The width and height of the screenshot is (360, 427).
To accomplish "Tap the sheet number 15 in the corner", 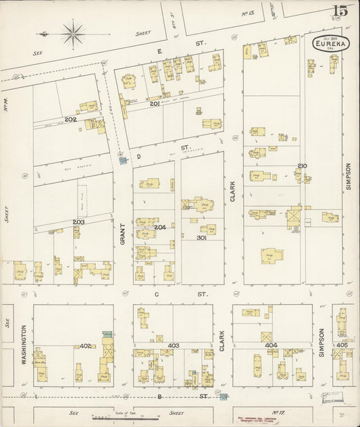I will [x=339, y=11].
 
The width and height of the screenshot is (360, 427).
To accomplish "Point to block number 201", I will [x=154, y=103].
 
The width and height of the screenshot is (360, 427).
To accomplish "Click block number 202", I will [x=70, y=120].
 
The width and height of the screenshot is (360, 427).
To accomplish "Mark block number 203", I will [x=78, y=222].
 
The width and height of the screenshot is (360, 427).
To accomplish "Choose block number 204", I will [x=160, y=228].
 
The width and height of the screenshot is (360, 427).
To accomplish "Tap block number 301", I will [x=201, y=238].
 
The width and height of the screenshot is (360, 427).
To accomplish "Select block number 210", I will [x=302, y=166].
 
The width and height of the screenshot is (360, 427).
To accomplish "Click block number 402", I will [x=85, y=346].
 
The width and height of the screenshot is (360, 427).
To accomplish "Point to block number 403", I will [x=174, y=346].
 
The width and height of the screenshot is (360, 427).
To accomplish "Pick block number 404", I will [x=271, y=345].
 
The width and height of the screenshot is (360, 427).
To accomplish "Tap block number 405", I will [x=342, y=345].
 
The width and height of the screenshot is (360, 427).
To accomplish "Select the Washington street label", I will [x=23, y=345].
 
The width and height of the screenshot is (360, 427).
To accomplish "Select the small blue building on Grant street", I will [x=122, y=160].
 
